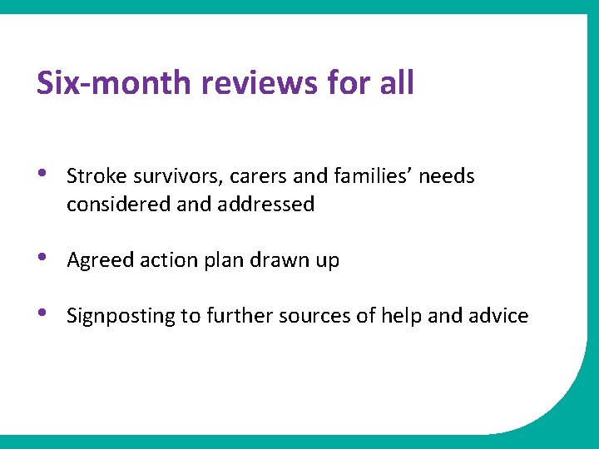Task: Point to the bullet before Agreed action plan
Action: coord(43,259)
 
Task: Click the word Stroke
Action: coord(91,176)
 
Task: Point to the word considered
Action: coord(118,205)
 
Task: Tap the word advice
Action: coord(498,316)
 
